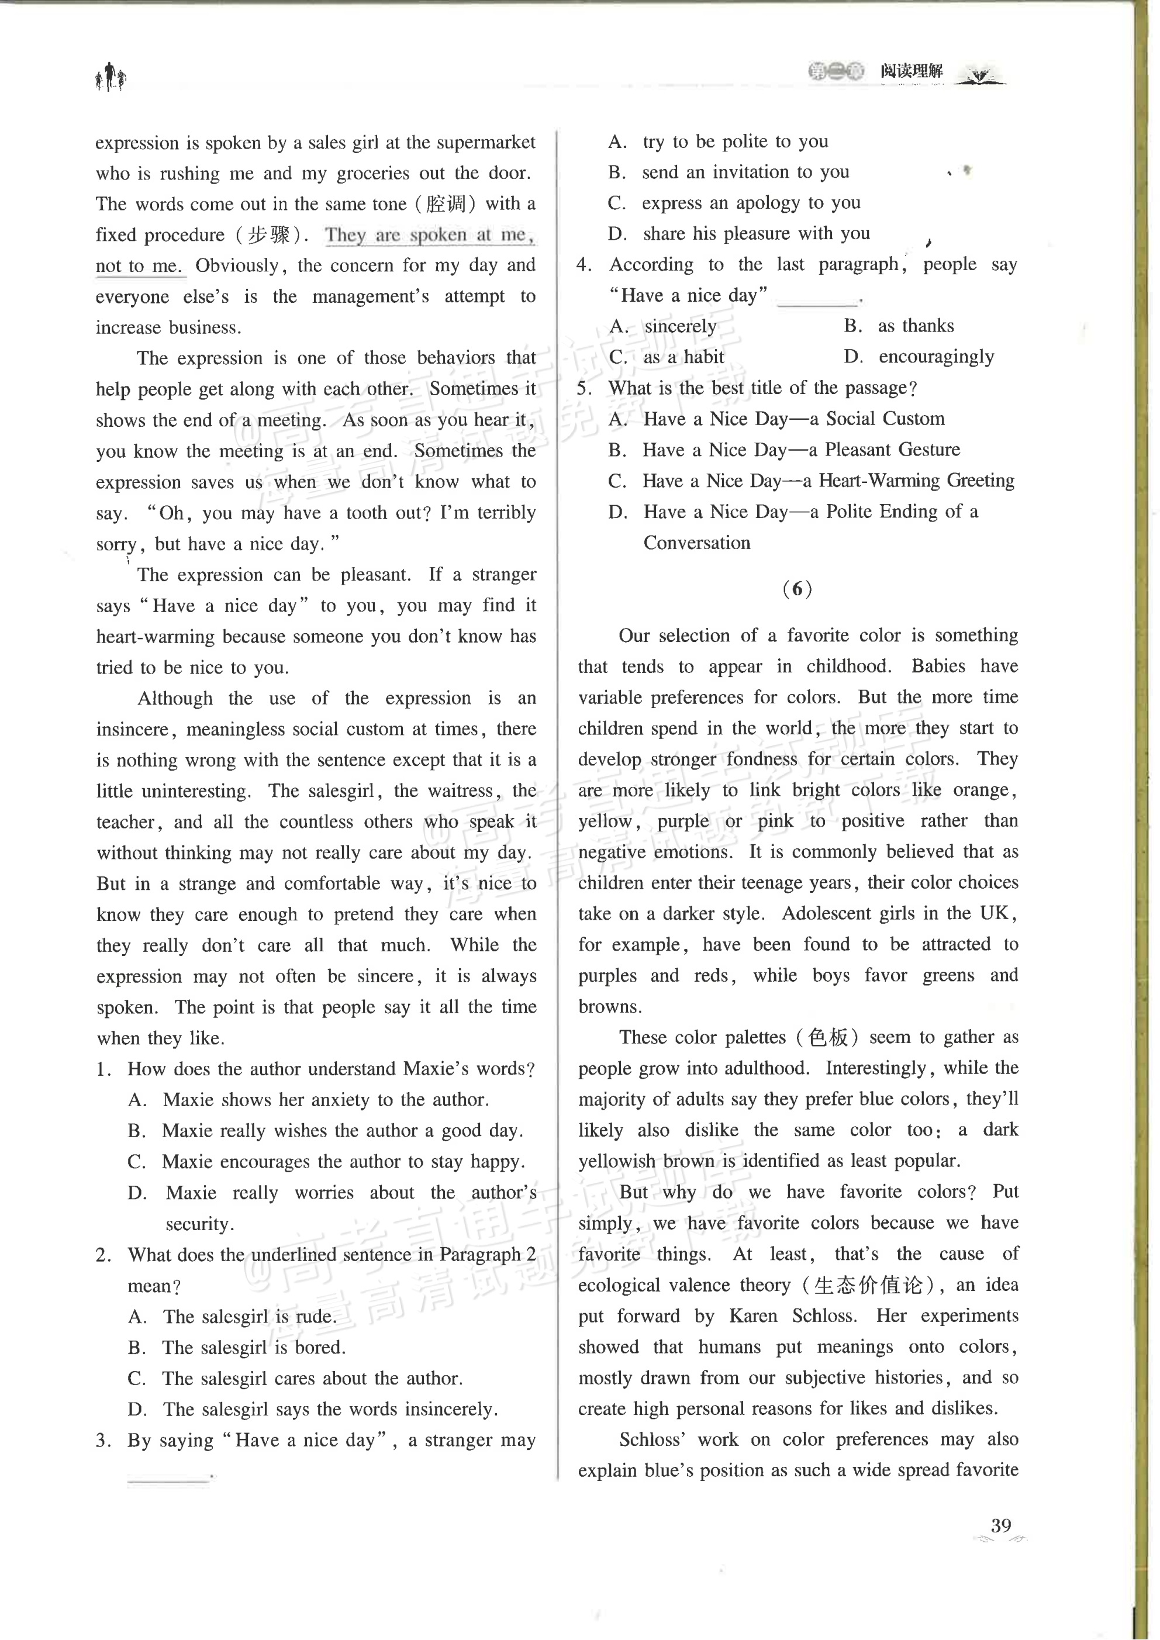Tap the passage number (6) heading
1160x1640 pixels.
[x=797, y=589]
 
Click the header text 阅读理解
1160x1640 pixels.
[x=911, y=71]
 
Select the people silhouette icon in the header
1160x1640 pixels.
[x=111, y=77]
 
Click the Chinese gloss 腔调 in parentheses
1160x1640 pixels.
[x=446, y=204]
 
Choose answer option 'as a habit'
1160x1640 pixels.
[x=683, y=357]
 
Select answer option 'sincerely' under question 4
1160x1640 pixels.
[x=680, y=326]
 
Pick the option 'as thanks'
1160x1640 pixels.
[x=916, y=326]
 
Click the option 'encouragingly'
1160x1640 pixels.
[x=935, y=357]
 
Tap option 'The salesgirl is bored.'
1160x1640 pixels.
[x=254, y=1347]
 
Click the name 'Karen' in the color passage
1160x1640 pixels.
[x=753, y=1316]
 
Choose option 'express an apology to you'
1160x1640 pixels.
[x=751, y=203]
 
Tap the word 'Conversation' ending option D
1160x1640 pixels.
[x=696, y=543]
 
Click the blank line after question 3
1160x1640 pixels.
[x=168, y=1475]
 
